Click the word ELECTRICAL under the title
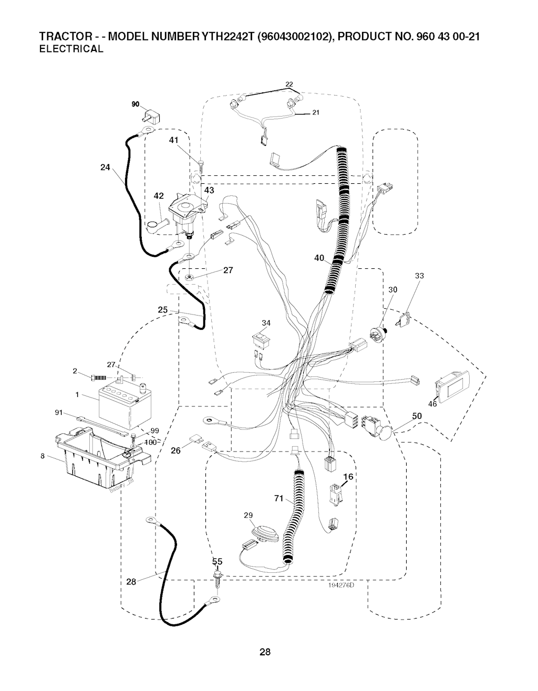pos(71,49)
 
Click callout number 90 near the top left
pos(136,104)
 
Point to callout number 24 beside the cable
pos(105,167)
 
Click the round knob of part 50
pos(386,434)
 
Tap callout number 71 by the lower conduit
pos(279,498)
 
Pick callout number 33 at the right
pos(419,276)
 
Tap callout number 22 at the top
pos(289,85)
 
